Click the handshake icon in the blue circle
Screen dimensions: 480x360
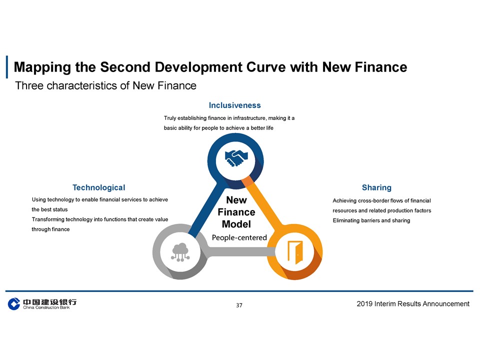point(236,158)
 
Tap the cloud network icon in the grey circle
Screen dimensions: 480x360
point(180,252)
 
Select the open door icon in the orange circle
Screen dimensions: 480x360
point(295,252)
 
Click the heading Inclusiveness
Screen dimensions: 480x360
point(235,105)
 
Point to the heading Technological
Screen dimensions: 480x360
point(99,187)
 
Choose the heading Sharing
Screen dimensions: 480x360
point(376,187)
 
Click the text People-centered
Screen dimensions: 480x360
point(239,237)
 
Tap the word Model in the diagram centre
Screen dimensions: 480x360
point(236,224)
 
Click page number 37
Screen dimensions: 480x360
point(239,305)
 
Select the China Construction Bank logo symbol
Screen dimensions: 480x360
point(14,303)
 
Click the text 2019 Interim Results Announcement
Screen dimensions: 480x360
point(413,303)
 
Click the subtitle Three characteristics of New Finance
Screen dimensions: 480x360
point(105,85)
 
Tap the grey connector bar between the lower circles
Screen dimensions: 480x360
point(241,251)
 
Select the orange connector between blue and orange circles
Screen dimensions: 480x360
point(263,203)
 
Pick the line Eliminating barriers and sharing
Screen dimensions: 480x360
point(371,220)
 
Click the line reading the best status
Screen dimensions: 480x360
point(49,209)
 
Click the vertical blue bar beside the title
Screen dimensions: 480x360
point(7,66)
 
